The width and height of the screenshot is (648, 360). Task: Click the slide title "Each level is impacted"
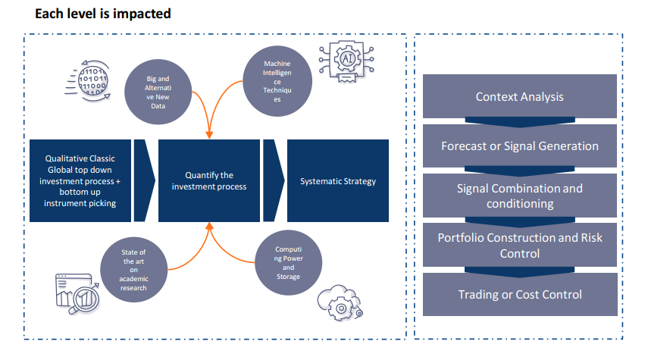[103, 14]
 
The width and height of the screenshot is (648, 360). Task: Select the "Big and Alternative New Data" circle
[158, 92]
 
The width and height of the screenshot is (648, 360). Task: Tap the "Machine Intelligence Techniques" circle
[277, 81]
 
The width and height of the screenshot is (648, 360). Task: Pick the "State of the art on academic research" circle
[134, 270]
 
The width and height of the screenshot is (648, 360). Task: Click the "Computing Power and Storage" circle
[289, 262]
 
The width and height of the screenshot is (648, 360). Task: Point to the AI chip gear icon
[346, 61]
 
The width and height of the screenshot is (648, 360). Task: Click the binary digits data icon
[89, 80]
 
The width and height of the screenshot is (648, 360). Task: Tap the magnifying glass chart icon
[78, 294]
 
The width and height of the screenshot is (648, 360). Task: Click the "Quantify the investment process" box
[209, 180]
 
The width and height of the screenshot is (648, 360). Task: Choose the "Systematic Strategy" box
[338, 180]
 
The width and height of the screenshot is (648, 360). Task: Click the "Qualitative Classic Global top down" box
[80, 180]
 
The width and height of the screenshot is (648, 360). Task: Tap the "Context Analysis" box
[519, 96]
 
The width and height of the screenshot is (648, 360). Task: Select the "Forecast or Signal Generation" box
[519, 146]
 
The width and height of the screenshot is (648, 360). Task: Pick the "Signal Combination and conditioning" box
[519, 196]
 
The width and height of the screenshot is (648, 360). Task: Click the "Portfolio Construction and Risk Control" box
[519, 245]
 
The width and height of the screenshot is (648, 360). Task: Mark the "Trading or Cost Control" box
[520, 294]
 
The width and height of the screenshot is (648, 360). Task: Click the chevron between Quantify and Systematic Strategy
[274, 180]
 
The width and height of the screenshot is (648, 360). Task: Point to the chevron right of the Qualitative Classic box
[144, 180]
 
